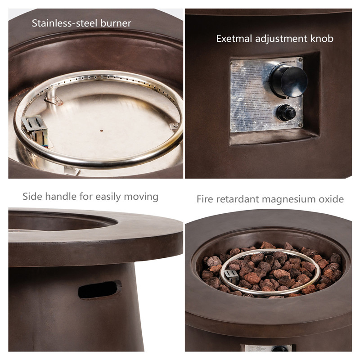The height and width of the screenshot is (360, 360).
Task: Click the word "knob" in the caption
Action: pos(321,39)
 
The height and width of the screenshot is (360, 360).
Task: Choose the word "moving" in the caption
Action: pos(141,197)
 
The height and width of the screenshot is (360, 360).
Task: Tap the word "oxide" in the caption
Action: pos(331,199)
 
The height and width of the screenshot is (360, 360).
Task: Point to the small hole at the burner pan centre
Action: pos(102,131)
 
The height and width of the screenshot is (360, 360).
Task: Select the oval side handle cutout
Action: pos(100,289)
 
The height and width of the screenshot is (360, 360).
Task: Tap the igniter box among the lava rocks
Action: pos(231,276)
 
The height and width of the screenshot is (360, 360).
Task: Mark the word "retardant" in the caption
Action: pos(238,199)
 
